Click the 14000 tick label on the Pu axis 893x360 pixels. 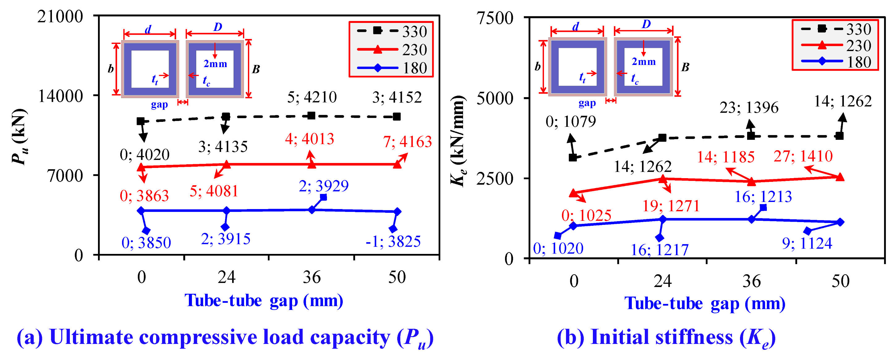[61, 96]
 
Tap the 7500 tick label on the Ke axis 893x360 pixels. [495, 18]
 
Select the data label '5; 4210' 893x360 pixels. [312, 97]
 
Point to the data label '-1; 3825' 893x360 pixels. [393, 241]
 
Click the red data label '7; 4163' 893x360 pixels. [407, 142]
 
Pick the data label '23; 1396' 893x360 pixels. [749, 108]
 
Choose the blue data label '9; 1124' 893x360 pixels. [807, 243]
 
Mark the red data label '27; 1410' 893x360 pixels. [803, 156]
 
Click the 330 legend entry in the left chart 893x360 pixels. [392, 31]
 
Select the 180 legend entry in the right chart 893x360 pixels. [836, 62]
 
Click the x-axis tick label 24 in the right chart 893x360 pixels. [662, 281]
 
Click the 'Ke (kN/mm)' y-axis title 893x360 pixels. [457, 140]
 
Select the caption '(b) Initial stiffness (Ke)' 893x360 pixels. [666, 337]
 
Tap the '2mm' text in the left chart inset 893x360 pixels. [215, 64]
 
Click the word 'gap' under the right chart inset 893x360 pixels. [587, 103]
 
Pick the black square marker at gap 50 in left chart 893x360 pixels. [397, 117]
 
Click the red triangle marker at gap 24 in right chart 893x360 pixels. [662, 179]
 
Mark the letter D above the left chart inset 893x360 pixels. [218, 27]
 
